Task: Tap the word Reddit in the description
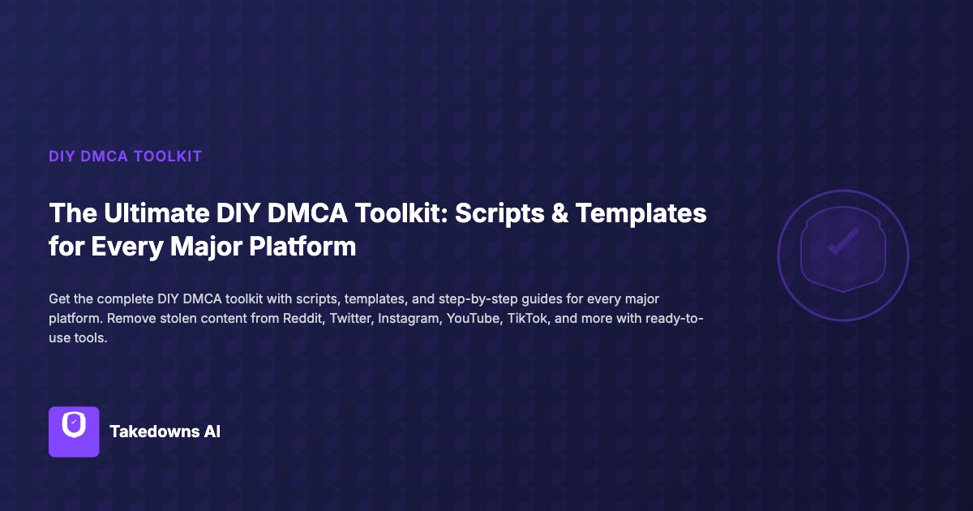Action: pos(300,318)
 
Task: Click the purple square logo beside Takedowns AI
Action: pos(74,432)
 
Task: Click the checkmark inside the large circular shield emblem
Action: pos(842,242)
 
